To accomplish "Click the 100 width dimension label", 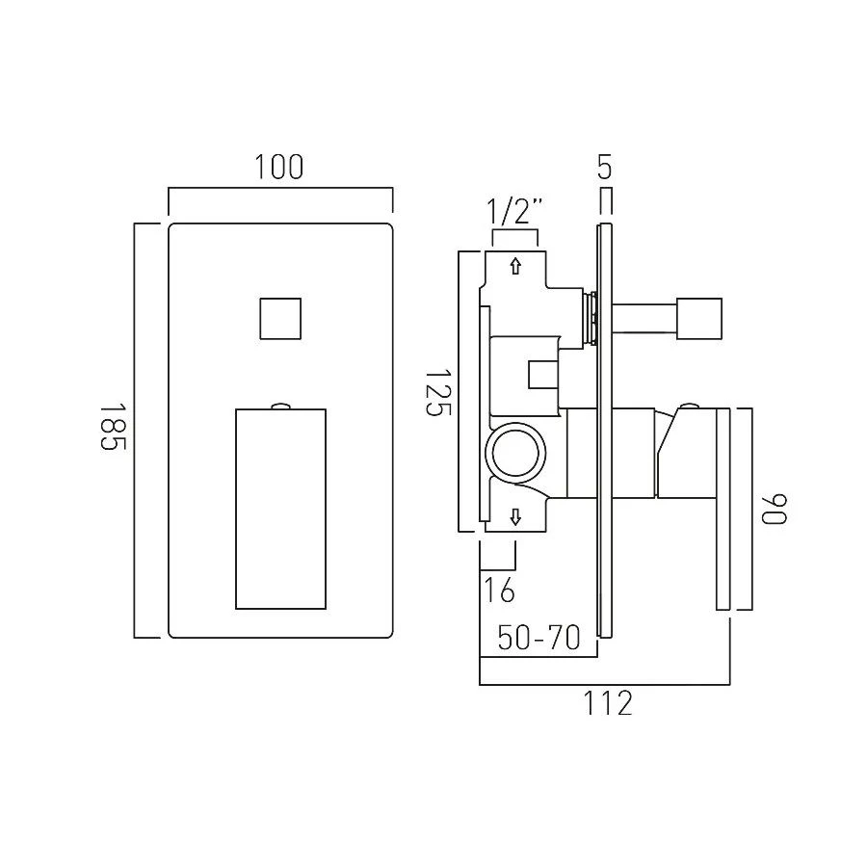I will (279, 168).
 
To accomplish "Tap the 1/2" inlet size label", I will (515, 210).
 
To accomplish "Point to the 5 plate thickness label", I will (604, 168).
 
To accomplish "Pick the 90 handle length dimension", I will (775, 509).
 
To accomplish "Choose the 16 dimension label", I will (499, 590).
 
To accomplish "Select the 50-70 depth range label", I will (539, 637).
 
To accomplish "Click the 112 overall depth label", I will (608, 704).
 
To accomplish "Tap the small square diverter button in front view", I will (280, 318).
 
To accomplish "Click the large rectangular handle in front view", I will (280, 509).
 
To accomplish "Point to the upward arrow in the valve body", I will (515, 267).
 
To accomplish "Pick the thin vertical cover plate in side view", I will (604, 431).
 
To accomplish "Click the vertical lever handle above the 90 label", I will (723, 509).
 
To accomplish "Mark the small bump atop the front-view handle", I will (280, 406).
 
